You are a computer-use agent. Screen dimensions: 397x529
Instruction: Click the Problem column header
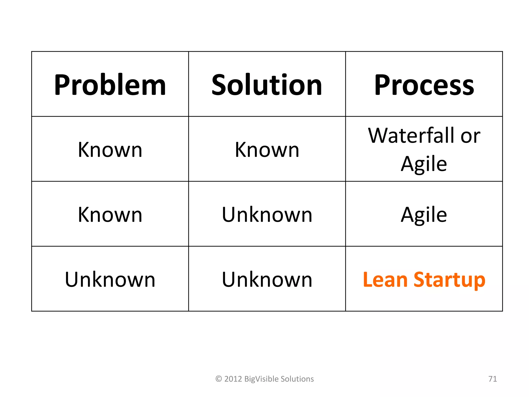tap(110, 85)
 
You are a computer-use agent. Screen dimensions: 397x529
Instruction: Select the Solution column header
tap(267, 85)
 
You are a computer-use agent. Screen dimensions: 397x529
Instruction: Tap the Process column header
tap(424, 85)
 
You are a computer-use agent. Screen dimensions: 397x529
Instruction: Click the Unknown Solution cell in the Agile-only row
tap(267, 215)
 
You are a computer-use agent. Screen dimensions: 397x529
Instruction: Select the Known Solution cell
tap(267, 150)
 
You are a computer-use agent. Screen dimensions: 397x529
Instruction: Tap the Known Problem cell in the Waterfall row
tap(110, 150)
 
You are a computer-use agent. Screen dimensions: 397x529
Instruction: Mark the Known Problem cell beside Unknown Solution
tap(110, 215)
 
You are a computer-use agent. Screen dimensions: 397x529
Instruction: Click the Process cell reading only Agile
tap(424, 215)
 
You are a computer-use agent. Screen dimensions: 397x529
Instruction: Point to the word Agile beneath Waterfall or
tap(424, 164)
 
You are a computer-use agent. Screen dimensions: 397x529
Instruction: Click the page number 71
tap(493, 379)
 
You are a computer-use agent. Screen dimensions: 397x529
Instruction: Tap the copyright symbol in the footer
tap(219, 379)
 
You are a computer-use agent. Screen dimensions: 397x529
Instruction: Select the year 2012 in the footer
tap(233, 379)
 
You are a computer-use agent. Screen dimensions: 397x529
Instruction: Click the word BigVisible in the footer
tap(261, 379)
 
